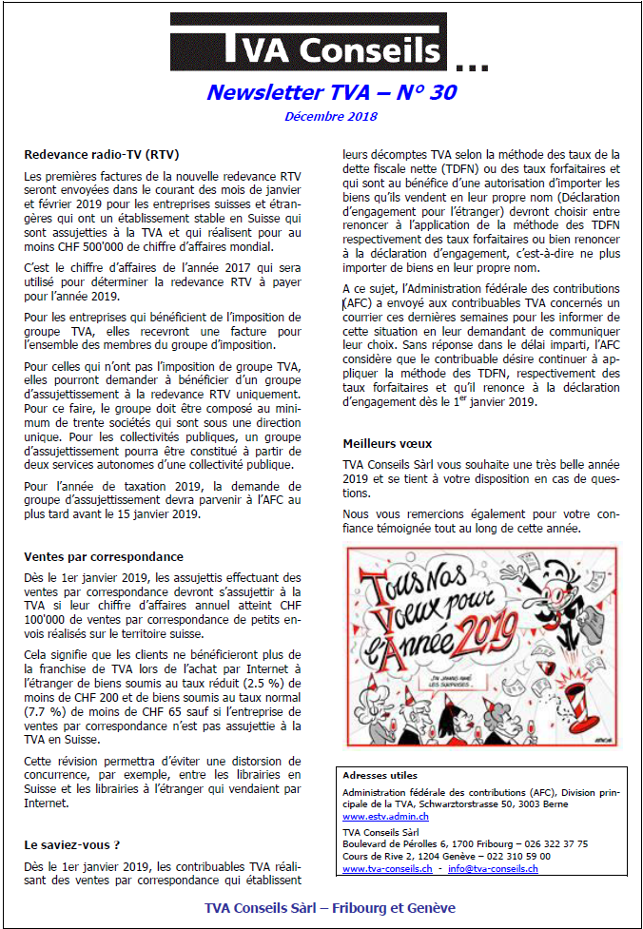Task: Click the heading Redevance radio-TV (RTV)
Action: coord(102,154)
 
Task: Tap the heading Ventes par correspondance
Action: coord(104,557)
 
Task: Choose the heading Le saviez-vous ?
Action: coord(72,843)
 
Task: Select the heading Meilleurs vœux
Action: coord(387,444)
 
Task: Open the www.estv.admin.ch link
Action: coord(379,816)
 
